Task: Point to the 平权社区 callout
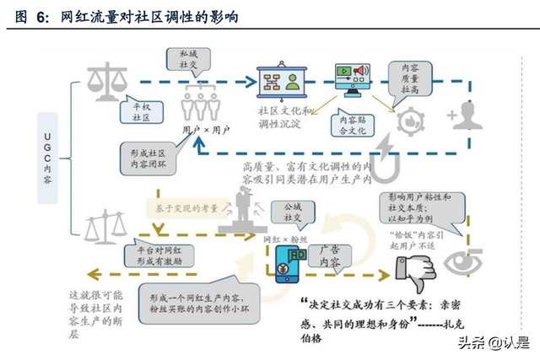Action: click(138, 112)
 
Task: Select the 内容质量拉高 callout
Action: click(409, 77)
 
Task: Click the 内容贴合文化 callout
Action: click(352, 125)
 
